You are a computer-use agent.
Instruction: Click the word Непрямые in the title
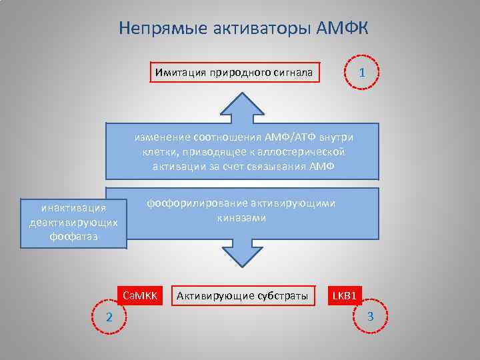pos(157,29)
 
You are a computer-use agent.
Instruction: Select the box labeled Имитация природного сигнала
pos(233,71)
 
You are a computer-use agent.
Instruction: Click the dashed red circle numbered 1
pos(361,72)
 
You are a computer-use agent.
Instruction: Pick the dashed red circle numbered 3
pos(371,315)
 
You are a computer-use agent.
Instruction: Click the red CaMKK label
pos(140,295)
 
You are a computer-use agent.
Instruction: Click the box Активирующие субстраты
pos(242,295)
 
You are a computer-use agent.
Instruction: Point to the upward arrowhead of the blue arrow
pos(241,107)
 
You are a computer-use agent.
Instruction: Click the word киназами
pos(241,217)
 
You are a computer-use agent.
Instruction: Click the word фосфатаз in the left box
pos(73,235)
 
